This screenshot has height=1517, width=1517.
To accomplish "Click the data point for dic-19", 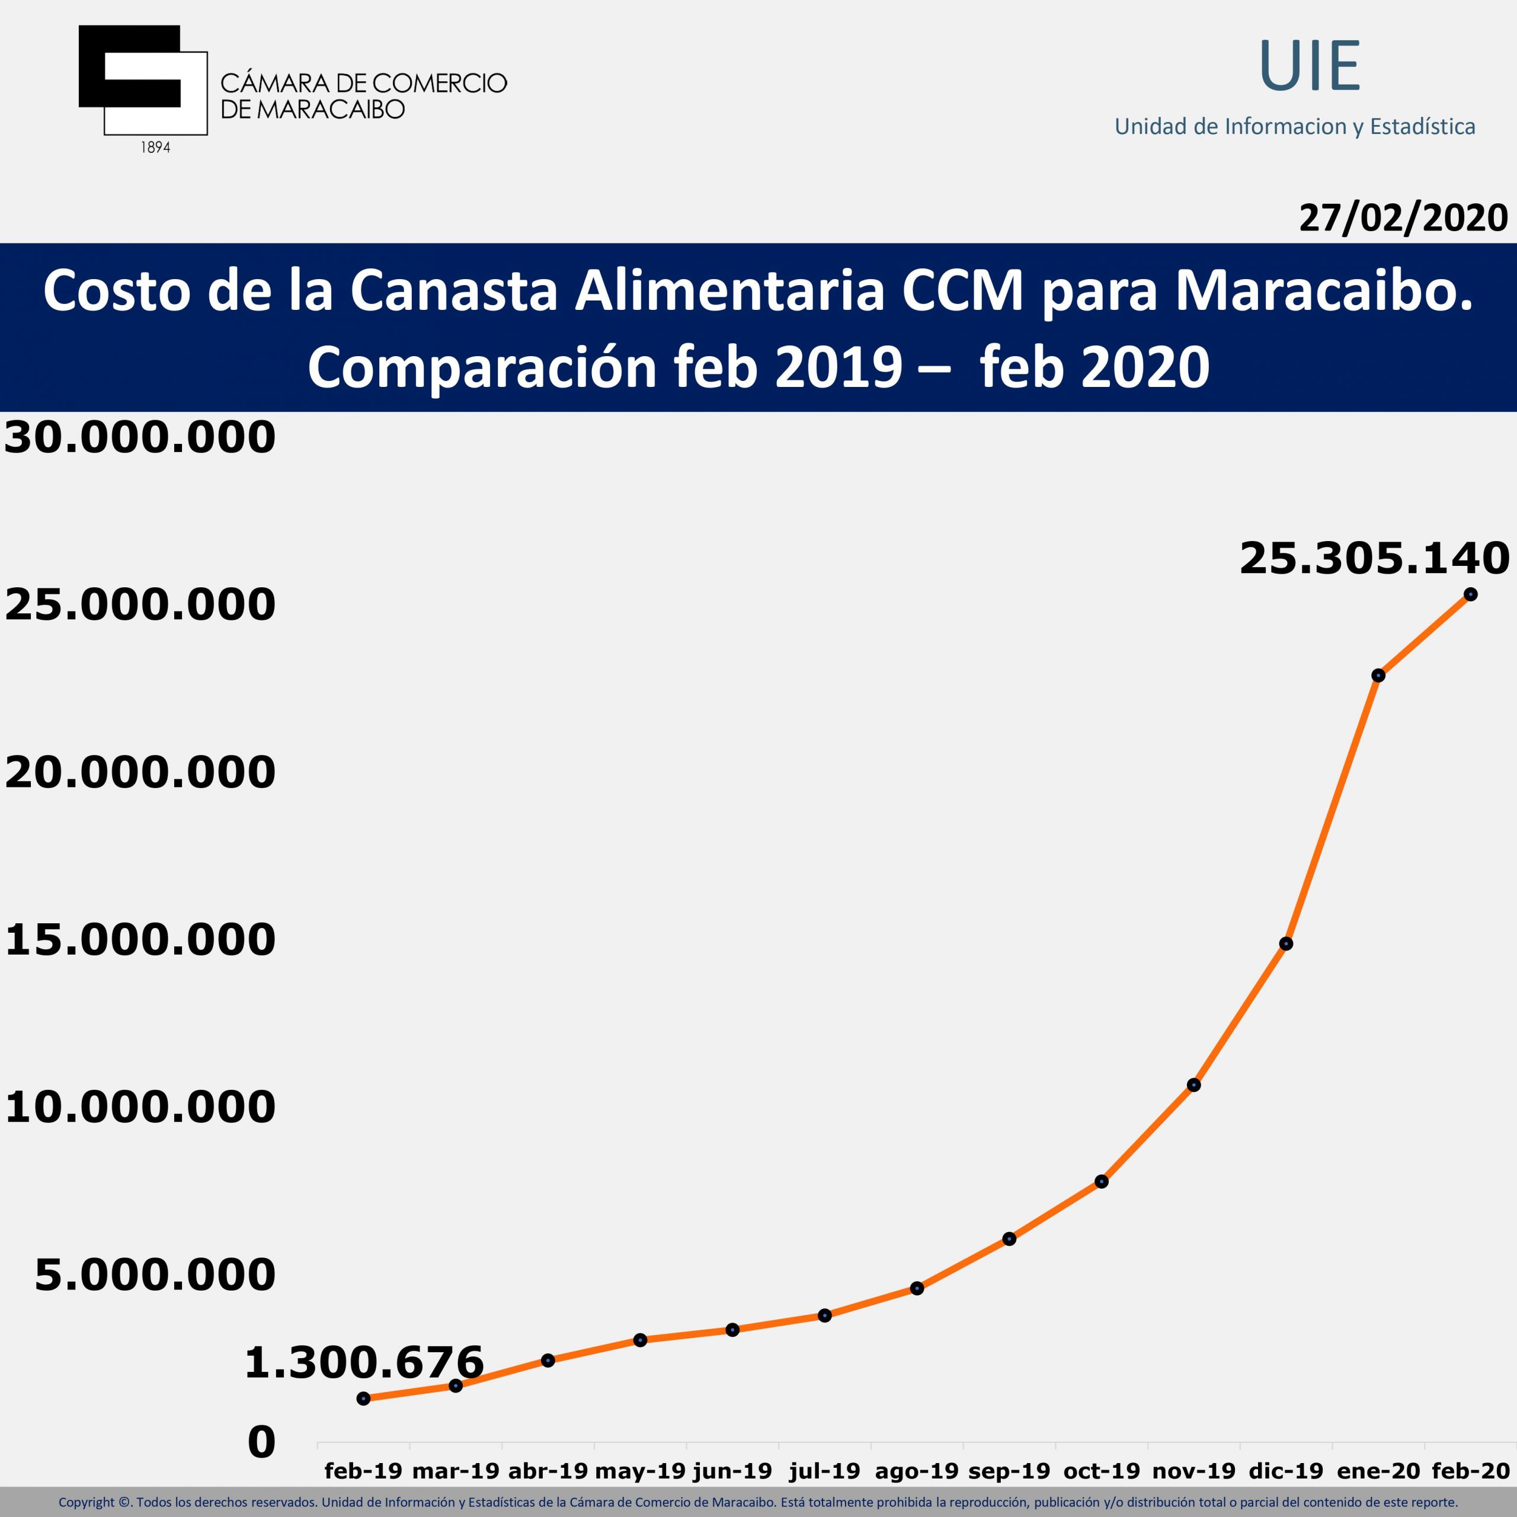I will (1285, 944).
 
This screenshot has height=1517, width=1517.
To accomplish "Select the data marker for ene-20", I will (1378, 676).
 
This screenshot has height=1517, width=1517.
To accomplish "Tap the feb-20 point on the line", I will (1470, 594).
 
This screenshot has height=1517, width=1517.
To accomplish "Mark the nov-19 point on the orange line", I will (1193, 1085).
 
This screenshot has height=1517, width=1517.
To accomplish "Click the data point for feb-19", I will (363, 1398).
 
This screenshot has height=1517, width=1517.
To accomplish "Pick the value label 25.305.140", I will (1374, 559).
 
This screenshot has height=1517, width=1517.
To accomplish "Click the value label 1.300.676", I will (363, 1362).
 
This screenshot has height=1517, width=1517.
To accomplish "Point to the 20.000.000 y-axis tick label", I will (140, 772).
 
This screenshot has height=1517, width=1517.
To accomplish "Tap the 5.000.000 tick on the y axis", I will (155, 1275).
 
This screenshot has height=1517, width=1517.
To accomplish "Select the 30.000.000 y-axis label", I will (140, 437).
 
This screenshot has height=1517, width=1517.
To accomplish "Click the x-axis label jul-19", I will (824, 1471).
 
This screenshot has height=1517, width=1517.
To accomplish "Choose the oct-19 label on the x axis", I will (1101, 1471).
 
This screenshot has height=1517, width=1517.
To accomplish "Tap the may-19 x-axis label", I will (640, 1471).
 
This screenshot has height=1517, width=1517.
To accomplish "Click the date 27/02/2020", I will (1403, 217).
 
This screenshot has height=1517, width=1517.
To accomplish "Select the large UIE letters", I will (1309, 67).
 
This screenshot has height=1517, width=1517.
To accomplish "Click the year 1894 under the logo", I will (155, 148).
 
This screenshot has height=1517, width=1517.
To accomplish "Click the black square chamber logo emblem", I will (142, 79).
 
